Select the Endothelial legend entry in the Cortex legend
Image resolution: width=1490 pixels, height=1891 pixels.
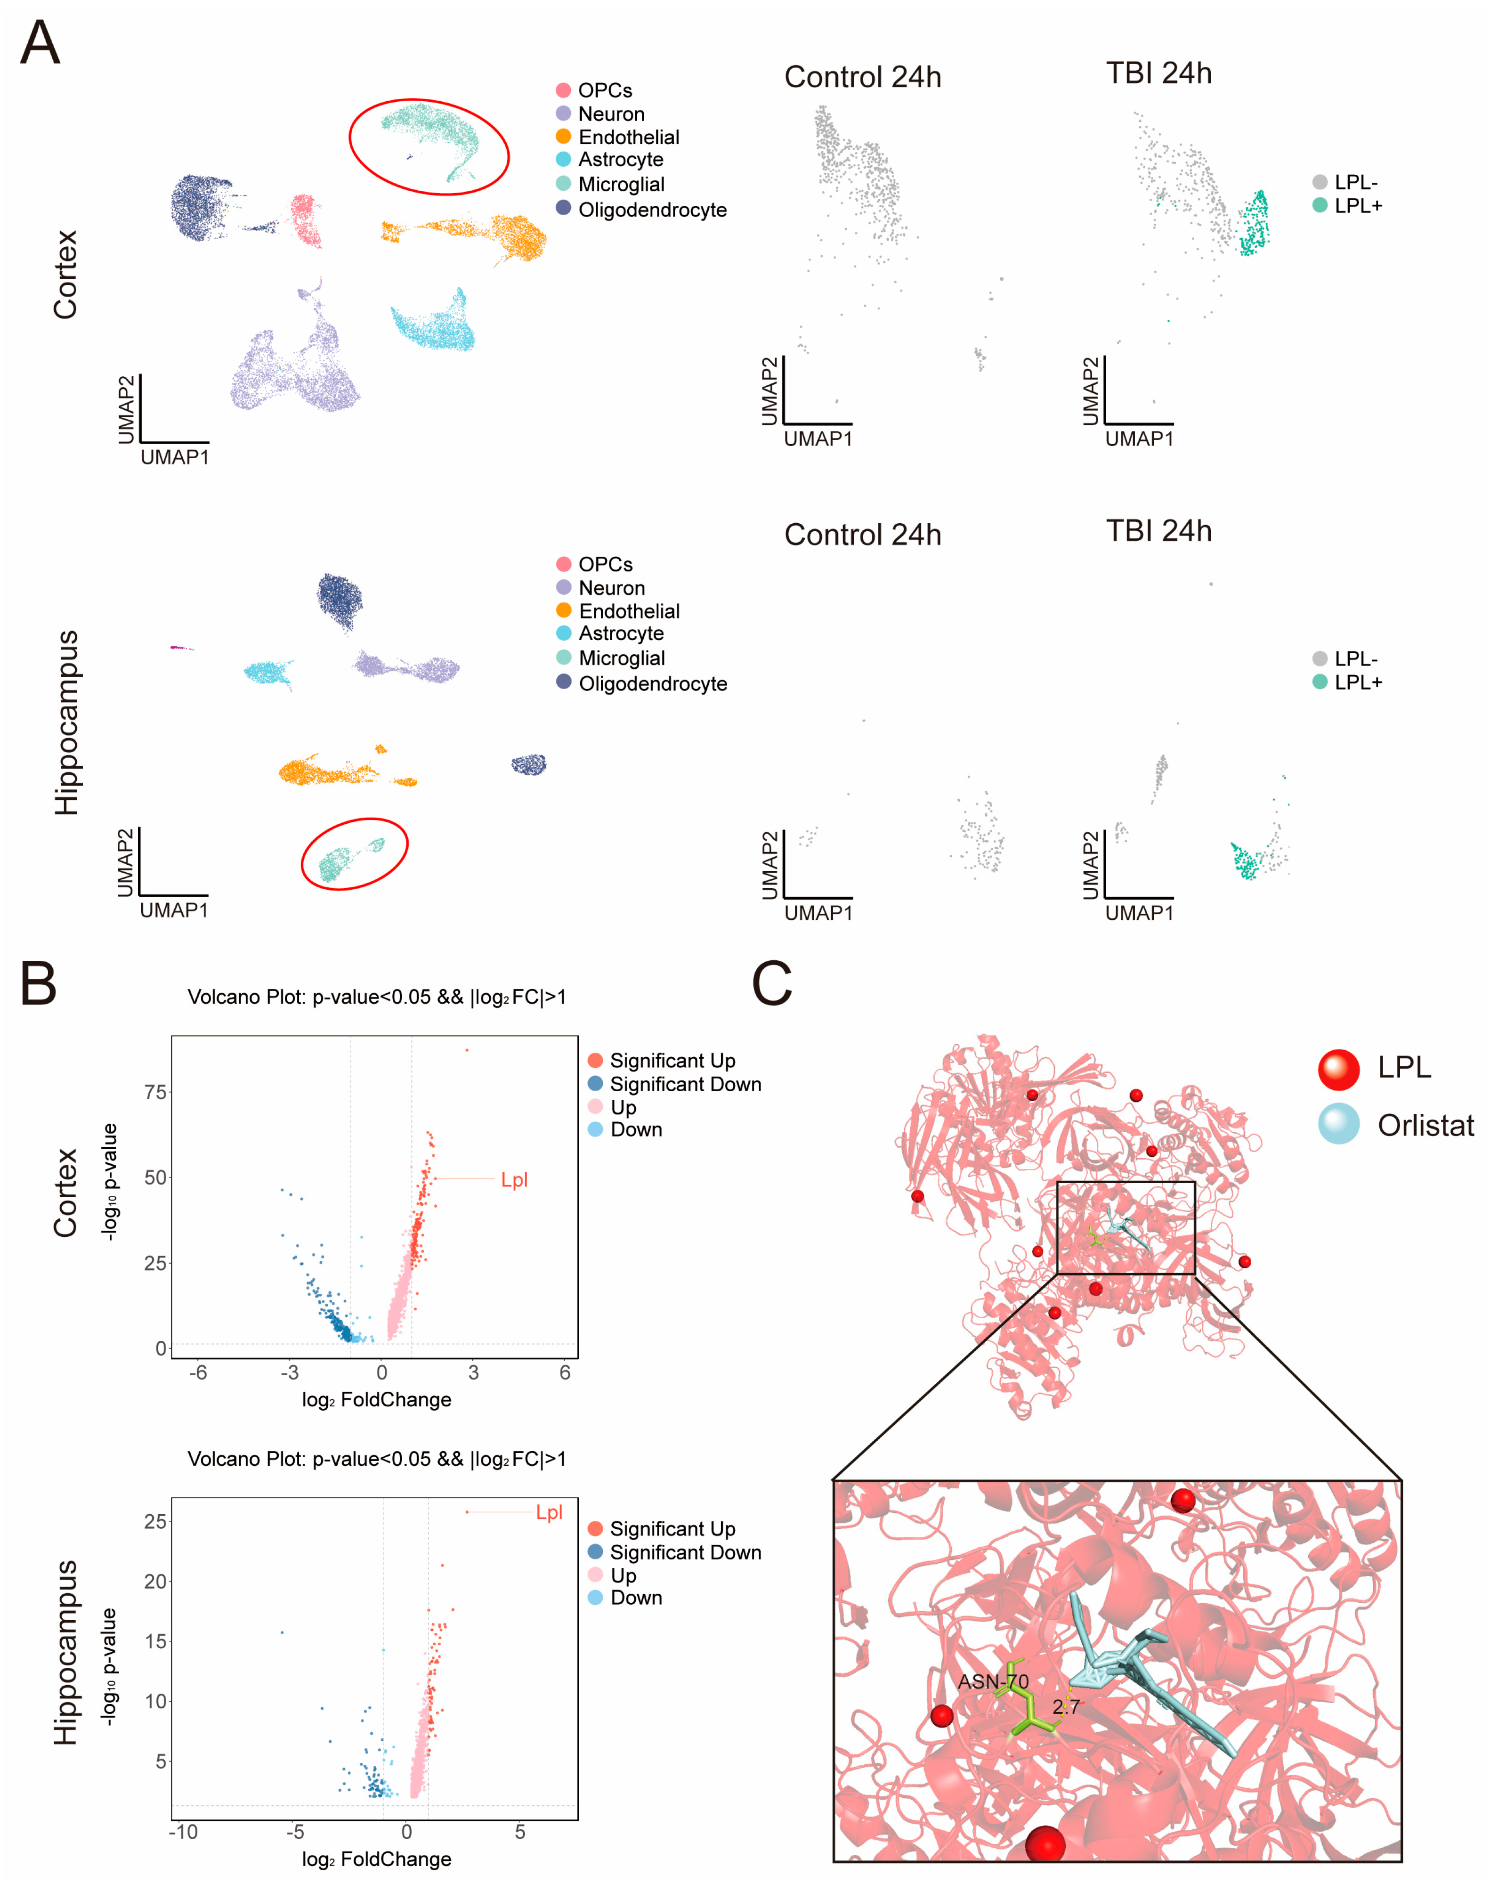[x=628, y=137]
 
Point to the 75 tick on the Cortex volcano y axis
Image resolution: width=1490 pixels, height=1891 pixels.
[x=155, y=1092]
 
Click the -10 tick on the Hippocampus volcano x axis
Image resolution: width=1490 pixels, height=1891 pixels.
[x=183, y=1832]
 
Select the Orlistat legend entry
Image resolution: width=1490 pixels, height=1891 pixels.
[x=1425, y=1125]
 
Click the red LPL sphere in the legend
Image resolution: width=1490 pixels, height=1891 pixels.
[x=1338, y=1069]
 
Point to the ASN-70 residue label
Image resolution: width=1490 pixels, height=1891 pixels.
[x=993, y=1682]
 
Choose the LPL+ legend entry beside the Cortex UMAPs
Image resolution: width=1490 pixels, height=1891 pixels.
[x=1357, y=206]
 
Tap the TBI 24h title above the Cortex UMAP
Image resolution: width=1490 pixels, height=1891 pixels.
[x=1158, y=73]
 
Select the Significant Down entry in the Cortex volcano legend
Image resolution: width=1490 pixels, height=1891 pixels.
[x=685, y=1084]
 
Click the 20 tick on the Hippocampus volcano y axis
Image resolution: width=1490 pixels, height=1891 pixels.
[x=155, y=1582]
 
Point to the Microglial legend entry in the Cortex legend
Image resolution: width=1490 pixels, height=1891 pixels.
[x=621, y=184]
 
